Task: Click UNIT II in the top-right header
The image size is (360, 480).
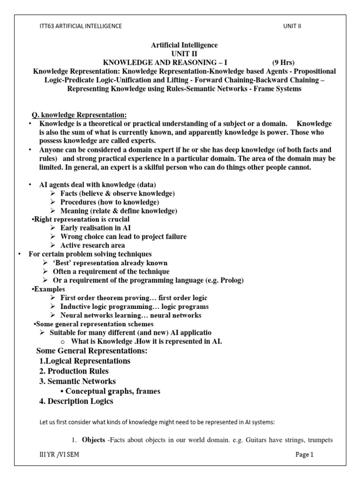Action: [x=292, y=26]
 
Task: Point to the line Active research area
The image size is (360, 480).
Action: [x=93, y=245]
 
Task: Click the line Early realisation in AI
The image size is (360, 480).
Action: [x=96, y=228]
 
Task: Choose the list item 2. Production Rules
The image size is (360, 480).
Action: [x=74, y=371]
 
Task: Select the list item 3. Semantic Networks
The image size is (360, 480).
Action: [x=77, y=381]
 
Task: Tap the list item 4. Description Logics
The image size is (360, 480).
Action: [x=76, y=401]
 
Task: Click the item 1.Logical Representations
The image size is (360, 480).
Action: [x=85, y=361]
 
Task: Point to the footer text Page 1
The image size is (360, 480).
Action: [x=304, y=454]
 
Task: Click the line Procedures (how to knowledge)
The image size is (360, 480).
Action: [x=110, y=202]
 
